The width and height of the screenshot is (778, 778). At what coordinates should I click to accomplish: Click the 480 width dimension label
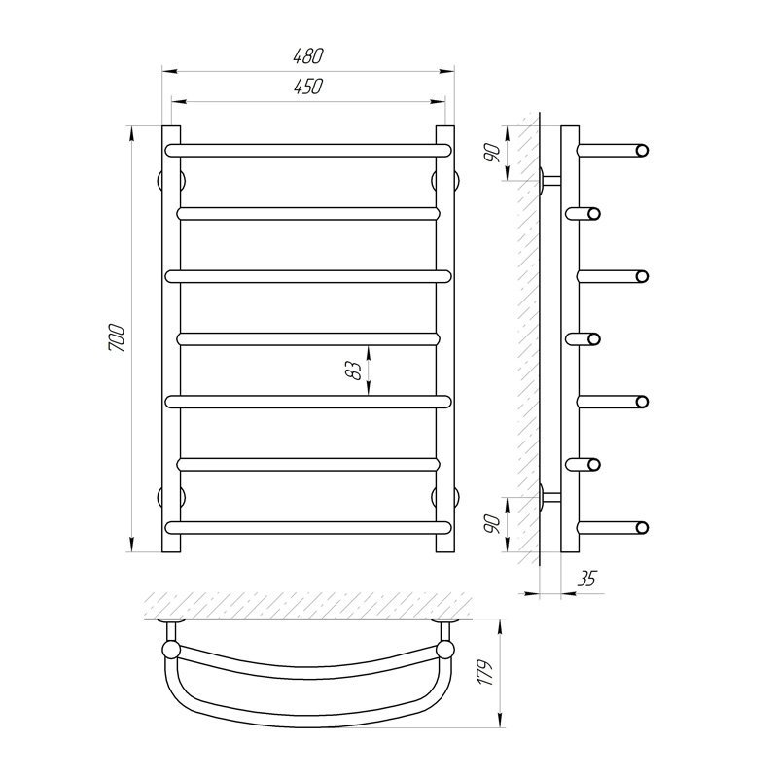tap(308, 56)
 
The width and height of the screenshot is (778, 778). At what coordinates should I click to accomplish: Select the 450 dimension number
tap(308, 87)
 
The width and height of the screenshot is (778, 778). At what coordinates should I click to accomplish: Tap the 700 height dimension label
tap(117, 338)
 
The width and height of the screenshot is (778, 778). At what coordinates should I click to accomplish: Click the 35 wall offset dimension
tap(587, 579)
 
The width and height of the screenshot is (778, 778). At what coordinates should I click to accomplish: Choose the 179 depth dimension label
tap(485, 673)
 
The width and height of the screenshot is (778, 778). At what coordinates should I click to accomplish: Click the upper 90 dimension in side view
tap(492, 153)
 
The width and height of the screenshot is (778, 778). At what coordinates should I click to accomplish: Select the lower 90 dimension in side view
tap(492, 523)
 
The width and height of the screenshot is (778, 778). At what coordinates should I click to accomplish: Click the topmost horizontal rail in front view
tap(308, 151)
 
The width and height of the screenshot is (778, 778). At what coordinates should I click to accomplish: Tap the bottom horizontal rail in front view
tap(308, 527)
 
